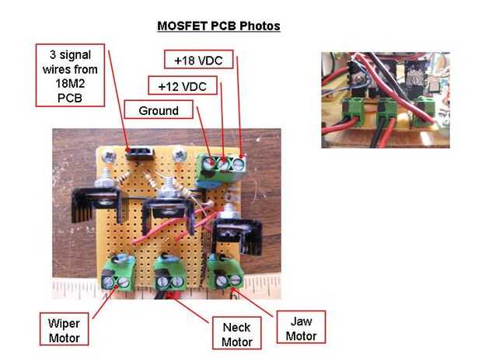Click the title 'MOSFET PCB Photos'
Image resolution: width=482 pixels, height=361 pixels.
[x=218, y=26]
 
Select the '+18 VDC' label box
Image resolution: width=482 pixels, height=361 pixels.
[x=194, y=59]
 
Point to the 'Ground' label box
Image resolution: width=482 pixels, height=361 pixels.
[x=159, y=110]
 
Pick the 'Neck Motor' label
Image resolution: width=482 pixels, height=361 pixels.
[x=236, y=335]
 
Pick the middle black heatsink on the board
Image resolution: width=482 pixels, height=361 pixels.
[x=168, y=210]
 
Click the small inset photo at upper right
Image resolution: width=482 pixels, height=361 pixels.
[x=385, y=99]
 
